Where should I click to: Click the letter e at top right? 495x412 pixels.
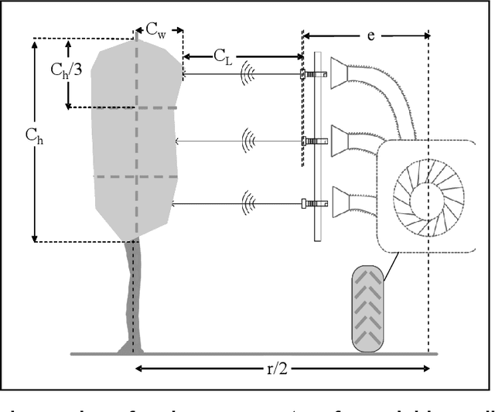pos(370,36)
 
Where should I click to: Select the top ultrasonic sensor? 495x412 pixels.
pos(307,75)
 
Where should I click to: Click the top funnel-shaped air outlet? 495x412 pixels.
pos(347,73)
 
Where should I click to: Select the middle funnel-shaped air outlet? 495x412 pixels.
pos(347,140)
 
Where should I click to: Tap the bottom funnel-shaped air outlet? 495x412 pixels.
pos(347,203)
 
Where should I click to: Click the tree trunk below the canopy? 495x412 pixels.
pos(132,294)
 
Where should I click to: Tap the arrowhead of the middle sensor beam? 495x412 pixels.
pos(179,141)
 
